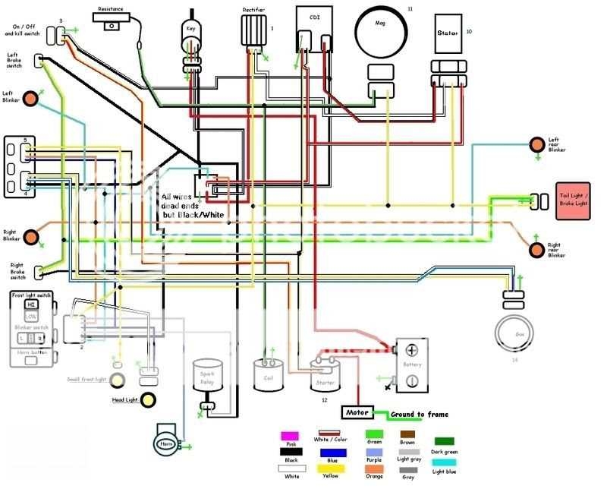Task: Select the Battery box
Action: point(411,365)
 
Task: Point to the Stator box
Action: point(449,34)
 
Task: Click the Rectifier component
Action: point(253,32)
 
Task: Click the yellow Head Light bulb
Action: point(148,399)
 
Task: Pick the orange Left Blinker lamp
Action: point(32,99)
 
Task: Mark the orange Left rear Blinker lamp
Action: point(537,144)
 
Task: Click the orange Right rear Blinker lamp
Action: point(537,249)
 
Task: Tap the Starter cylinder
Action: point(325,375)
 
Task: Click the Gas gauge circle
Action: point(514,335)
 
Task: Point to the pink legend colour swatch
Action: point(290,437)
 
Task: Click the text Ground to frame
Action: point(419,415)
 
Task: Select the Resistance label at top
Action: point(115,15)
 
